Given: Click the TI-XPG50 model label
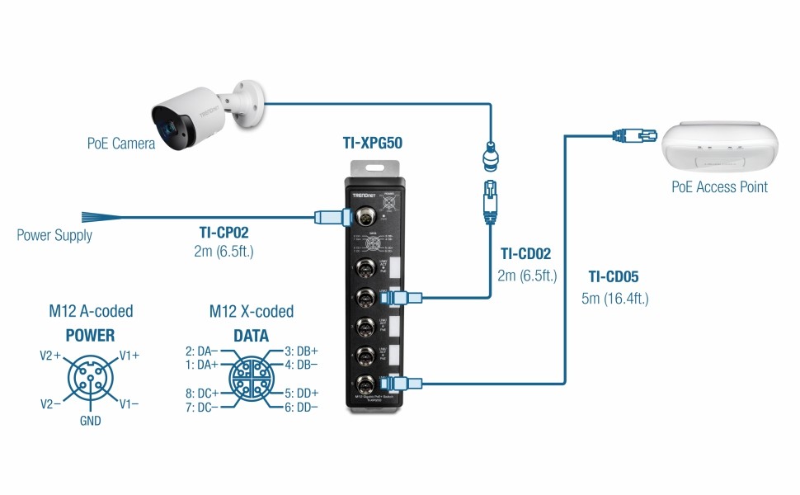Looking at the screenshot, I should pos(372,143).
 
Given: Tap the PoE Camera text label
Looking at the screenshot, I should pos(120,144).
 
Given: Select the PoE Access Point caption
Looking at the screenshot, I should pos(719,187).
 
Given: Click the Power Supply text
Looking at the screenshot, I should pos(54,236).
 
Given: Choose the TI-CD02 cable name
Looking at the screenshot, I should pos(525,255).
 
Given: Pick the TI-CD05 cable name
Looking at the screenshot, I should pos(614,277).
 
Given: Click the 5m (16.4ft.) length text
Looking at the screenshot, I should pos(614,299).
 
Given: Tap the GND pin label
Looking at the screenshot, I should pos(91,421).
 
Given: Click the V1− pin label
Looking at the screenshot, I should pos(129,404).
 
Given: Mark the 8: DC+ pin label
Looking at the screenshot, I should pos(202,394).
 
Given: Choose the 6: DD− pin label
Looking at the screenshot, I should pos(301,408).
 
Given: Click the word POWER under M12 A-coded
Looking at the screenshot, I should pos(91,336).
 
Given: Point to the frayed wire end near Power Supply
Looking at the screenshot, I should pos(101,218).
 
